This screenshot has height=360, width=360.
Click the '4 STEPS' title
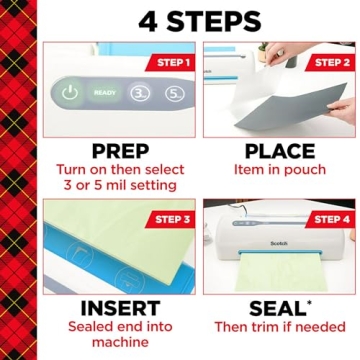coord(199,20)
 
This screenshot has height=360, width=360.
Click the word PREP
coord(121,152)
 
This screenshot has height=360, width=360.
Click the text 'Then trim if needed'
coord(279,328)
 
